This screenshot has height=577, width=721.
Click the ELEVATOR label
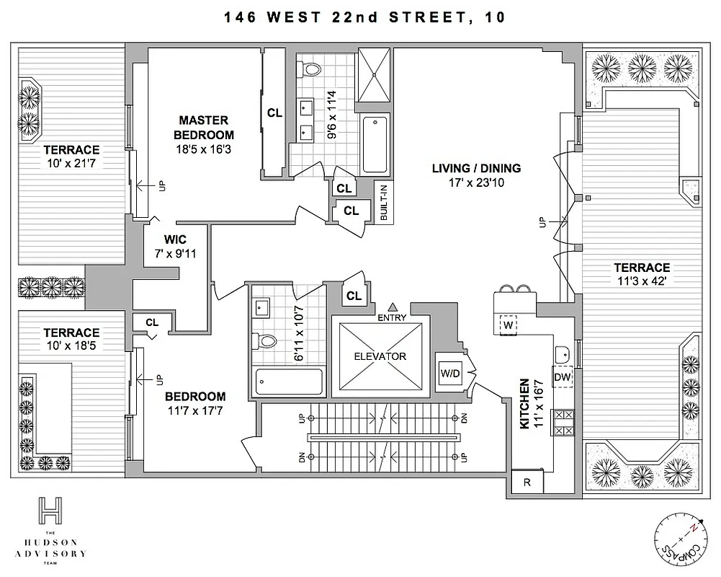(379, 356)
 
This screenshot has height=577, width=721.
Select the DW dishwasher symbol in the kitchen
(562, 376)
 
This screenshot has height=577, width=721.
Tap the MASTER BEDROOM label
(207, 128)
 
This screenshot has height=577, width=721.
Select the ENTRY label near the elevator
(392, 317)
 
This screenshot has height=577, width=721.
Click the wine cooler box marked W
(508, 325)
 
